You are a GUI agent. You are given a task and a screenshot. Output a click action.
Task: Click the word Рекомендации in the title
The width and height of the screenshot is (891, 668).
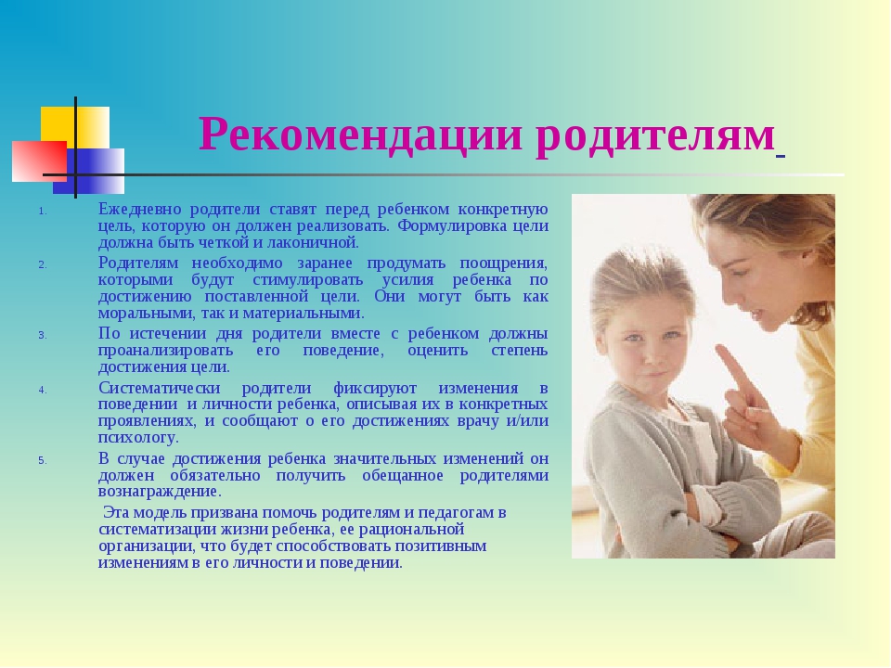360,134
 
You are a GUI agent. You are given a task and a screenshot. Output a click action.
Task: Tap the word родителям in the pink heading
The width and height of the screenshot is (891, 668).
655,137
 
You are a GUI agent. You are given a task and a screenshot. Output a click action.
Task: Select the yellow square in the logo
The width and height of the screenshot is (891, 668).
75,128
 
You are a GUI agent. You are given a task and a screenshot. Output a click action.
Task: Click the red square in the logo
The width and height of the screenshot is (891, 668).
39,161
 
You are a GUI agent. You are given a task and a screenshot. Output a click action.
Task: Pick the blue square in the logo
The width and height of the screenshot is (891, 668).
89,171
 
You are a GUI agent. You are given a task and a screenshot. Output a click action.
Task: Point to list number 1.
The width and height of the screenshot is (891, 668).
42,212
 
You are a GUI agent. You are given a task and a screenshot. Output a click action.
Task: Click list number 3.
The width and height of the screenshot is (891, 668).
42,335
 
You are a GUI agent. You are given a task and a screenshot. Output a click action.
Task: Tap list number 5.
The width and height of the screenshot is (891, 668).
42,460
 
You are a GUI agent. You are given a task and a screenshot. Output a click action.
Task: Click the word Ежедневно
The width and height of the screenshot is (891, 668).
140,209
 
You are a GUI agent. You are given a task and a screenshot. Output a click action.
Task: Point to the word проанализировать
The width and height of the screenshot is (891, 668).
165,351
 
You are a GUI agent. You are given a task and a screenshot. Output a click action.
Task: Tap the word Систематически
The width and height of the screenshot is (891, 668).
159,388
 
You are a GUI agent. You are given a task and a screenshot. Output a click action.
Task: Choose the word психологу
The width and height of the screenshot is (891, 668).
138,438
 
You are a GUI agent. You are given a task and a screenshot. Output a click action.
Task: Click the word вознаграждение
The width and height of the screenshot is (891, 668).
160,492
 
